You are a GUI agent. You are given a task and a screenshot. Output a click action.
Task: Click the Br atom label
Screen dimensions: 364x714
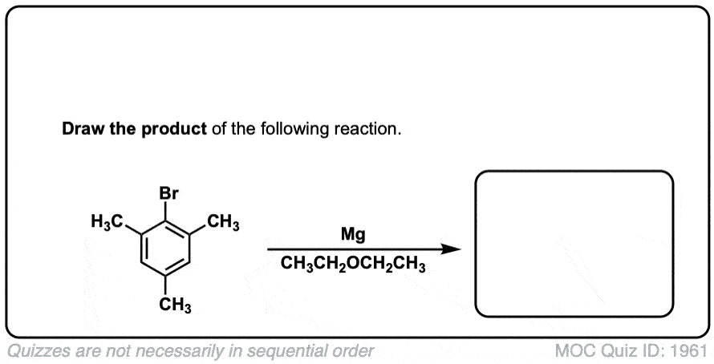(x=168, y=193)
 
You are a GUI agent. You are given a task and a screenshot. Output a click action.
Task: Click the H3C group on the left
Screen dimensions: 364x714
(x=108, y=221)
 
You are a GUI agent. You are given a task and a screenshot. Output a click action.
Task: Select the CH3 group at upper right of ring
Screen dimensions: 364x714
(x=222, y=221)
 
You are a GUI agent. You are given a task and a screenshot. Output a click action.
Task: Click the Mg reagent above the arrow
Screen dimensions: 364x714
(x=353, y=235)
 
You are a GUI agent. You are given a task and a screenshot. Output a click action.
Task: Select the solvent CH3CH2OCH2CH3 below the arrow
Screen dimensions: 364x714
(x=353, y=265)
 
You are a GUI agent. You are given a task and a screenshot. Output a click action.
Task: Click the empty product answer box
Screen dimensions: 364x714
(x=574, y=243)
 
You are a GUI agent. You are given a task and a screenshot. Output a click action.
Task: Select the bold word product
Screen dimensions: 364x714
(x=174, y=130)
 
